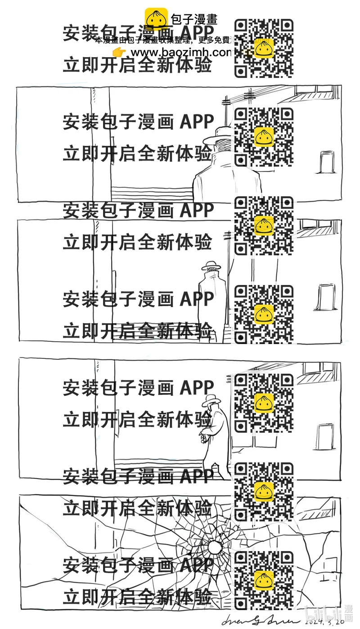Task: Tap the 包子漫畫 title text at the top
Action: click(x=194, y=19)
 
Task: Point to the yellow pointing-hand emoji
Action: click(x=119, y=53)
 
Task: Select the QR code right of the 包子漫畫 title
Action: click(x=264, y=48)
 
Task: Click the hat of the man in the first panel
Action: click(x=224, y=132)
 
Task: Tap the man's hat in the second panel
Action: click(x=212, y=266)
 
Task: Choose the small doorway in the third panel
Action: click(x=325, y=436)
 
